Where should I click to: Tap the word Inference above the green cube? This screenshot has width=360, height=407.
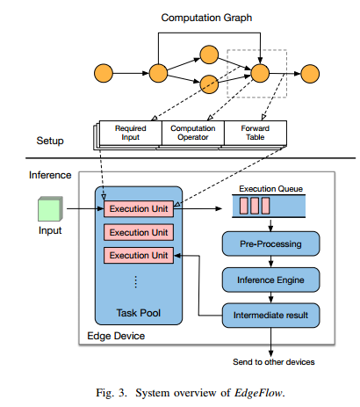50,176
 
